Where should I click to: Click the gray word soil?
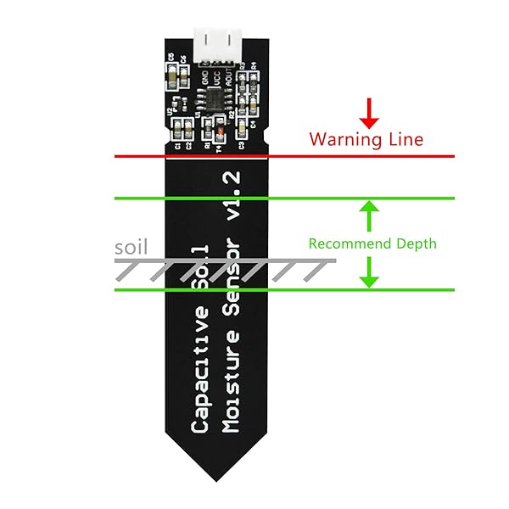click(131, 248)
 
